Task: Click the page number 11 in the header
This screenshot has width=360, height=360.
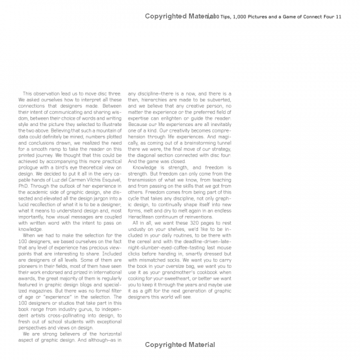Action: pos(338,17)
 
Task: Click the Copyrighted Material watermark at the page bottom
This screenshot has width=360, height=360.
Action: pos(180,344)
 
